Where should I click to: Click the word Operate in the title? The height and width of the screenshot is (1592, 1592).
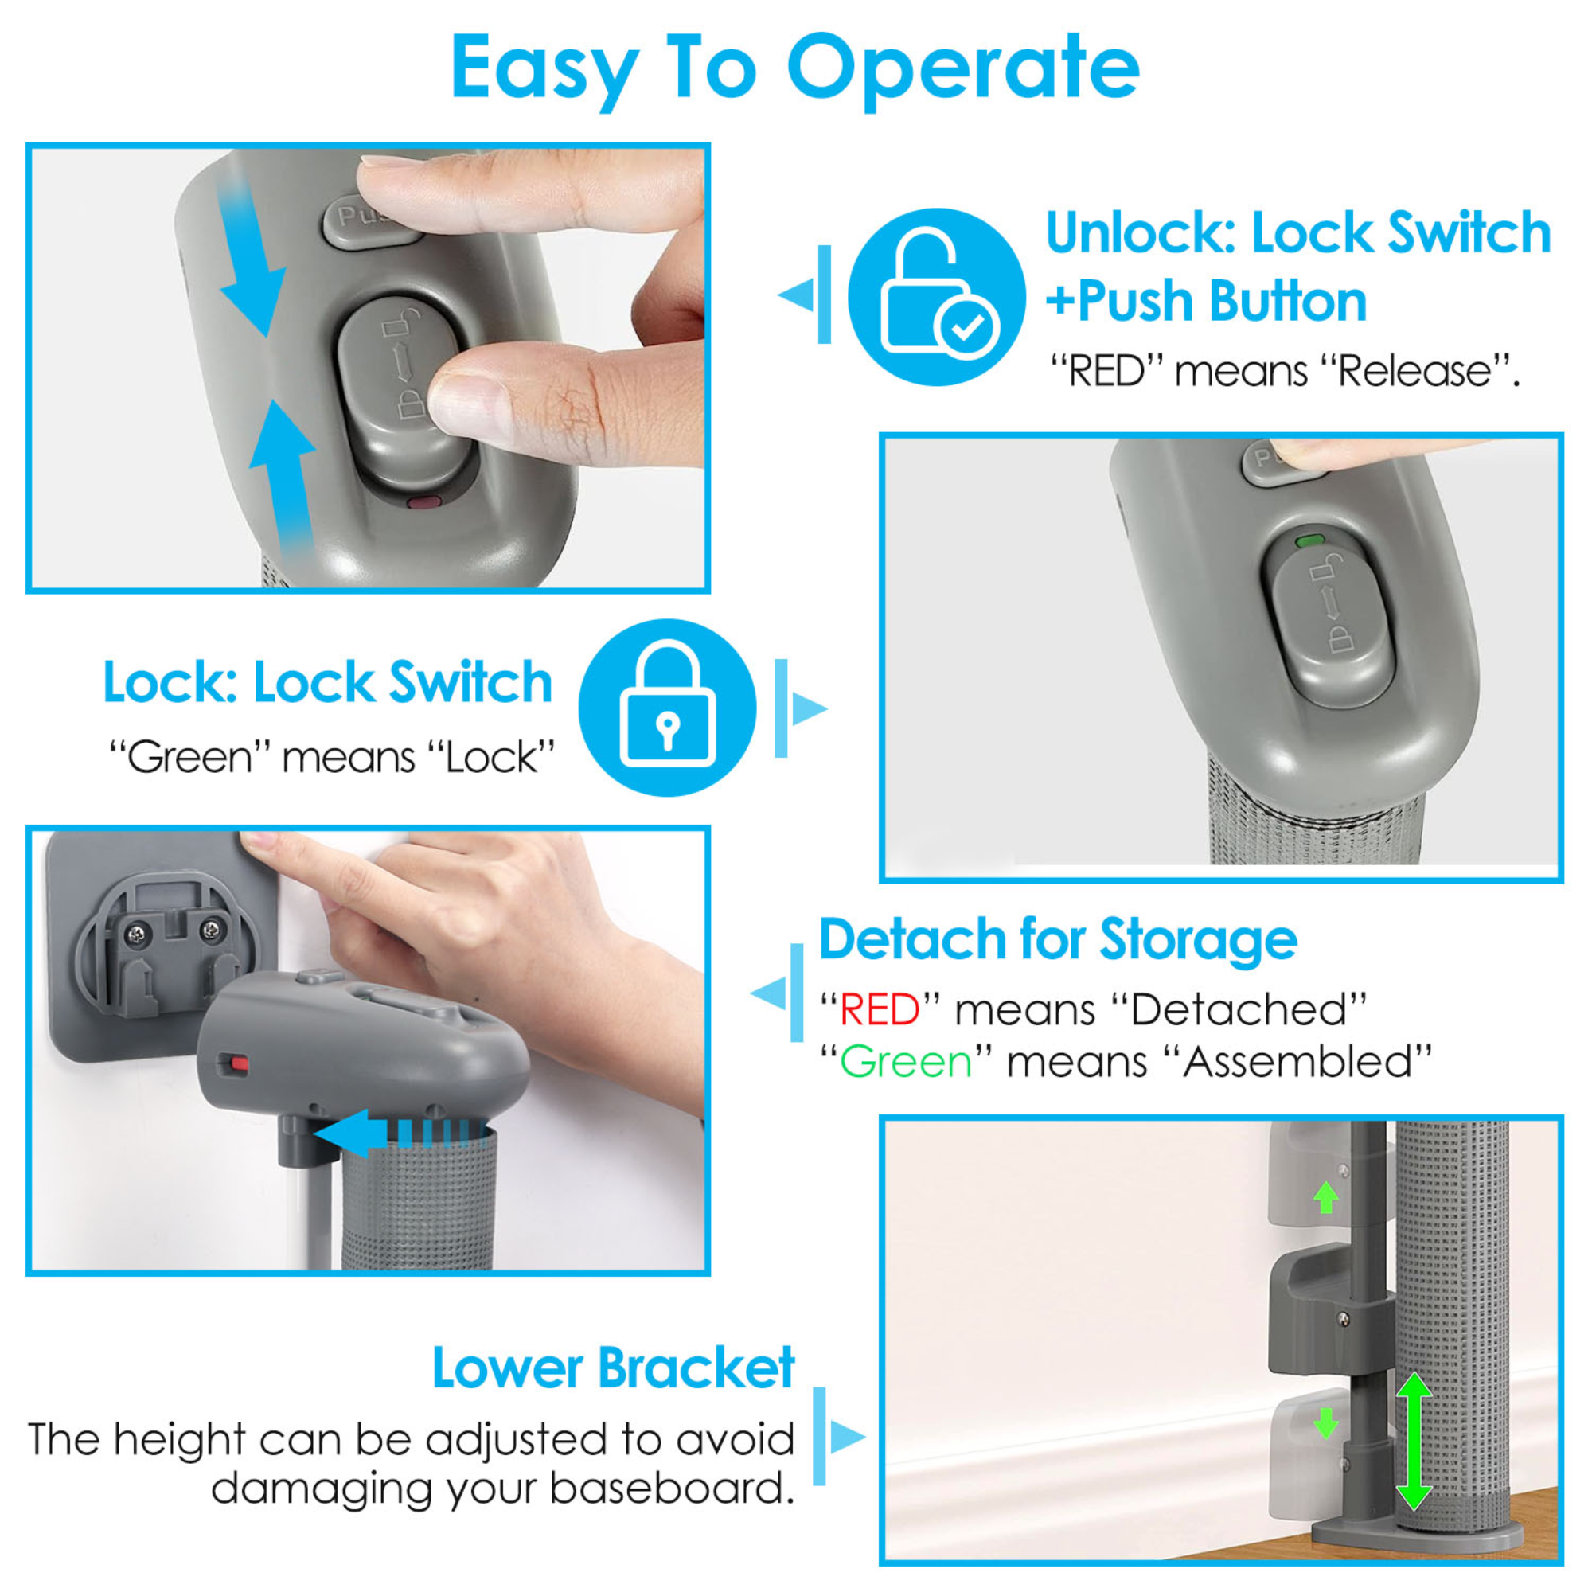point(962,70)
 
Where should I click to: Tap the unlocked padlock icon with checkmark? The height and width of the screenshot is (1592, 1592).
point(937,297)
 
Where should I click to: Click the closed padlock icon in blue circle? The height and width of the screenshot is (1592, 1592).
point(668,707)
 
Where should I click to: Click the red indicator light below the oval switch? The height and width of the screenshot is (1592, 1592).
point(425,501)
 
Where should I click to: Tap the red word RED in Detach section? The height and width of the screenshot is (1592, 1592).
point(880,1009)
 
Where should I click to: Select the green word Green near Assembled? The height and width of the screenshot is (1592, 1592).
point(906,1062)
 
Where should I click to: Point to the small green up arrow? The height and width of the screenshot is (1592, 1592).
point(1325,1197)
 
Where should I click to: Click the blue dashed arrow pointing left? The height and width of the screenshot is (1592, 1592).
point(388,1133)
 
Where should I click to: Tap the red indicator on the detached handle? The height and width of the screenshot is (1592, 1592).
point(238,1064)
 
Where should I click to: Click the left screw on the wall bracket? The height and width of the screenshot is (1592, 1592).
point(135,934)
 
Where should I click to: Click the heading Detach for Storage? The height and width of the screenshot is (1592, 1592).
point(1057,939)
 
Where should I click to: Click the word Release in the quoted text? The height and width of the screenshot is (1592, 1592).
point(1414,373)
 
